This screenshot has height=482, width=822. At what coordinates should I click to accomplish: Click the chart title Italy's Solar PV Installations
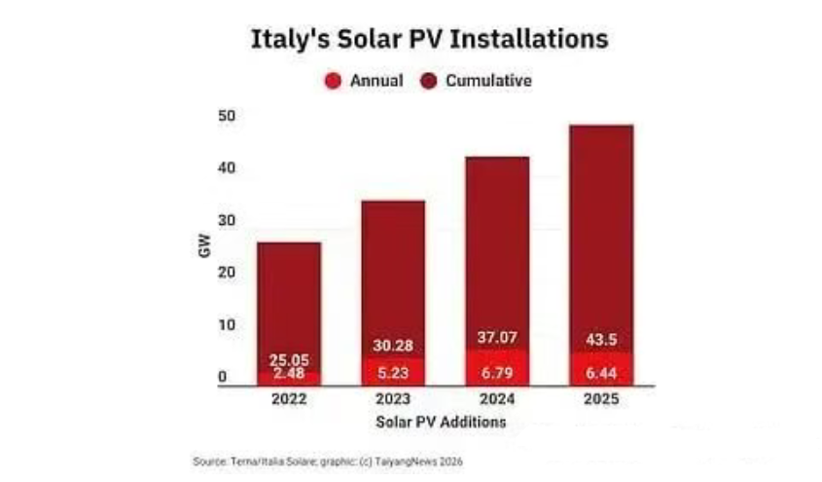pyautogui.click(x=429, y=40)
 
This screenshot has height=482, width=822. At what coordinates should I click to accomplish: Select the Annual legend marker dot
pyautogui.click(x=333, y=81)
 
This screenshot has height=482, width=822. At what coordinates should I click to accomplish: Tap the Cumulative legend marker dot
pyautogui.click(x=428, y=81)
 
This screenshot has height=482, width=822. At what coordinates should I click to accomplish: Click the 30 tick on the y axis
pyautogui.click(x=228, y=221)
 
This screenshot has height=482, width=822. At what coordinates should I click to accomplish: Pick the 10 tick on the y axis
pyautogui.click(x=228, y=324)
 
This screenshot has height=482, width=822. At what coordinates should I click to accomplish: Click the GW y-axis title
pyautogui.click(x=204, y=246)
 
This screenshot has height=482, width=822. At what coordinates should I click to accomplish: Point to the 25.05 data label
pyautogui.click(x=289, y=360)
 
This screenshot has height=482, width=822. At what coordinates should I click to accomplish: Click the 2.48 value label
pyautogui.click(x=289, y=374)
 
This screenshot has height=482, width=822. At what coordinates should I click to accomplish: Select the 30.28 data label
pyautogui.click(x=393, y=347)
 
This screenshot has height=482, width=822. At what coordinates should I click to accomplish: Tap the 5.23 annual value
pyautogui.click(x=393, y=374)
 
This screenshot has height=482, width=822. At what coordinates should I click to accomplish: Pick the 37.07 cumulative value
pyautogui.click(x=497, y=338)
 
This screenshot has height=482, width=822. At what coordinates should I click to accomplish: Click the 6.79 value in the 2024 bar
pyautogui.click(x=497, y=374)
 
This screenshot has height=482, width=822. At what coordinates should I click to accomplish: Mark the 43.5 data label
pyautogui.click(x=601, y=338)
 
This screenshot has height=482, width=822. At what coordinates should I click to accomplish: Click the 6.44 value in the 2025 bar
pyautogui.click(x=601, y=374)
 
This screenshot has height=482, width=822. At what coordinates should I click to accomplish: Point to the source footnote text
pyautogui.click(x=327, y=461)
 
